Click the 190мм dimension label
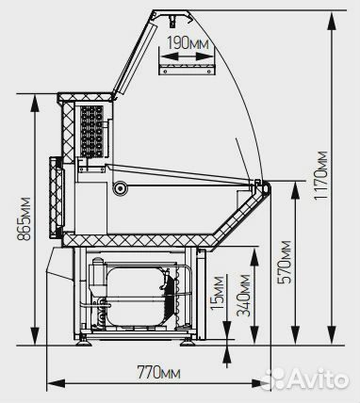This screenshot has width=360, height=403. pos(188,43)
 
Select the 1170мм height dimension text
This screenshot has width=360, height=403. pos(321,175)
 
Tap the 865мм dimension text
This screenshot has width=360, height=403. pos(24,218)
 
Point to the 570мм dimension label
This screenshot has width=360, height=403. pos(285,262)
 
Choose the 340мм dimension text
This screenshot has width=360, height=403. pos(244,296)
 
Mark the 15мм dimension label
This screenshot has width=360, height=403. pos(218,293)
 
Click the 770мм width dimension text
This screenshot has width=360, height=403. pos(158,373)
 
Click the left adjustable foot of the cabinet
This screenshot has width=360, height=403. pos(84,341)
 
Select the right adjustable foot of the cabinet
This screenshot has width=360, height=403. pos(188,342)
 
